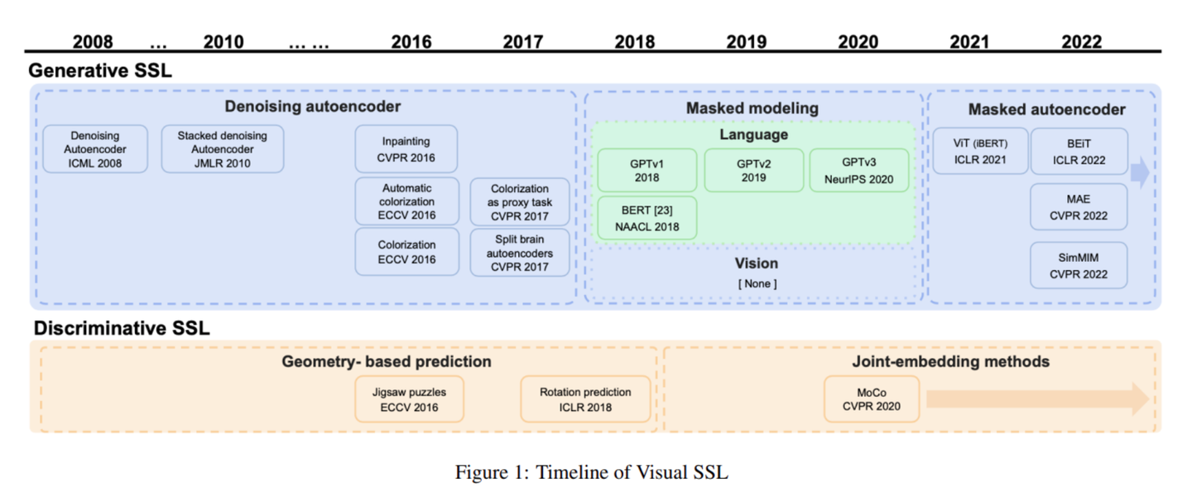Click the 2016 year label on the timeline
411,41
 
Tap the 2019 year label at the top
747,41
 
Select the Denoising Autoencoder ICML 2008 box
95,149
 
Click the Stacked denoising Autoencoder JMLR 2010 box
222,149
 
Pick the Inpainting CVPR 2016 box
406,149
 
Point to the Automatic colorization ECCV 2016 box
406,201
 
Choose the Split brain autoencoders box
520,253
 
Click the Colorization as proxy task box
520,201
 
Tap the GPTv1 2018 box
646,171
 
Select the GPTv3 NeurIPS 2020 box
858,171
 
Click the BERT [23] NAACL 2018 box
646,218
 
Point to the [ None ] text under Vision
757,284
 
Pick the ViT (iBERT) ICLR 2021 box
980,151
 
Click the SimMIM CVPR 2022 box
1078,265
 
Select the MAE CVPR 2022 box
1078,207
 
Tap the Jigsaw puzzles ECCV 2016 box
409,399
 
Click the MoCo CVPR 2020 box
871,399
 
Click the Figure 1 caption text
591,472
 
